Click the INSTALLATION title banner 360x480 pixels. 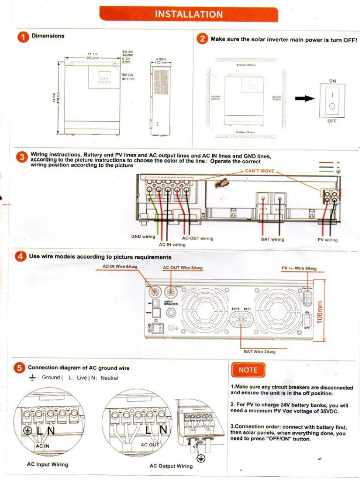pyautogui.click(x=188, y=14)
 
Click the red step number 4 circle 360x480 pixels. pyautogui.click(x=21, y=257)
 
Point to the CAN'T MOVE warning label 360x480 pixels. pyautogui.click(x=259, y=171)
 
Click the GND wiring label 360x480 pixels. pyautogui.click(x=143, y=237)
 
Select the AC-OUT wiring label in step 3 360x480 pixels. pyautogui.click(x=197, y=239)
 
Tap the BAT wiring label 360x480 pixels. pyautogui.click(x=272, y=240)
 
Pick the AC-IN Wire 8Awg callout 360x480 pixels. pyautogui.click(x=120, y=267)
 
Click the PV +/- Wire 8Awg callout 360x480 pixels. pyautogui.click(x=299, y=269)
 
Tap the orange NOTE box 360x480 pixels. pyautogui.click(x=248, y=370)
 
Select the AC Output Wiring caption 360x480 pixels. pyautogui.click(x=171, y=466)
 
